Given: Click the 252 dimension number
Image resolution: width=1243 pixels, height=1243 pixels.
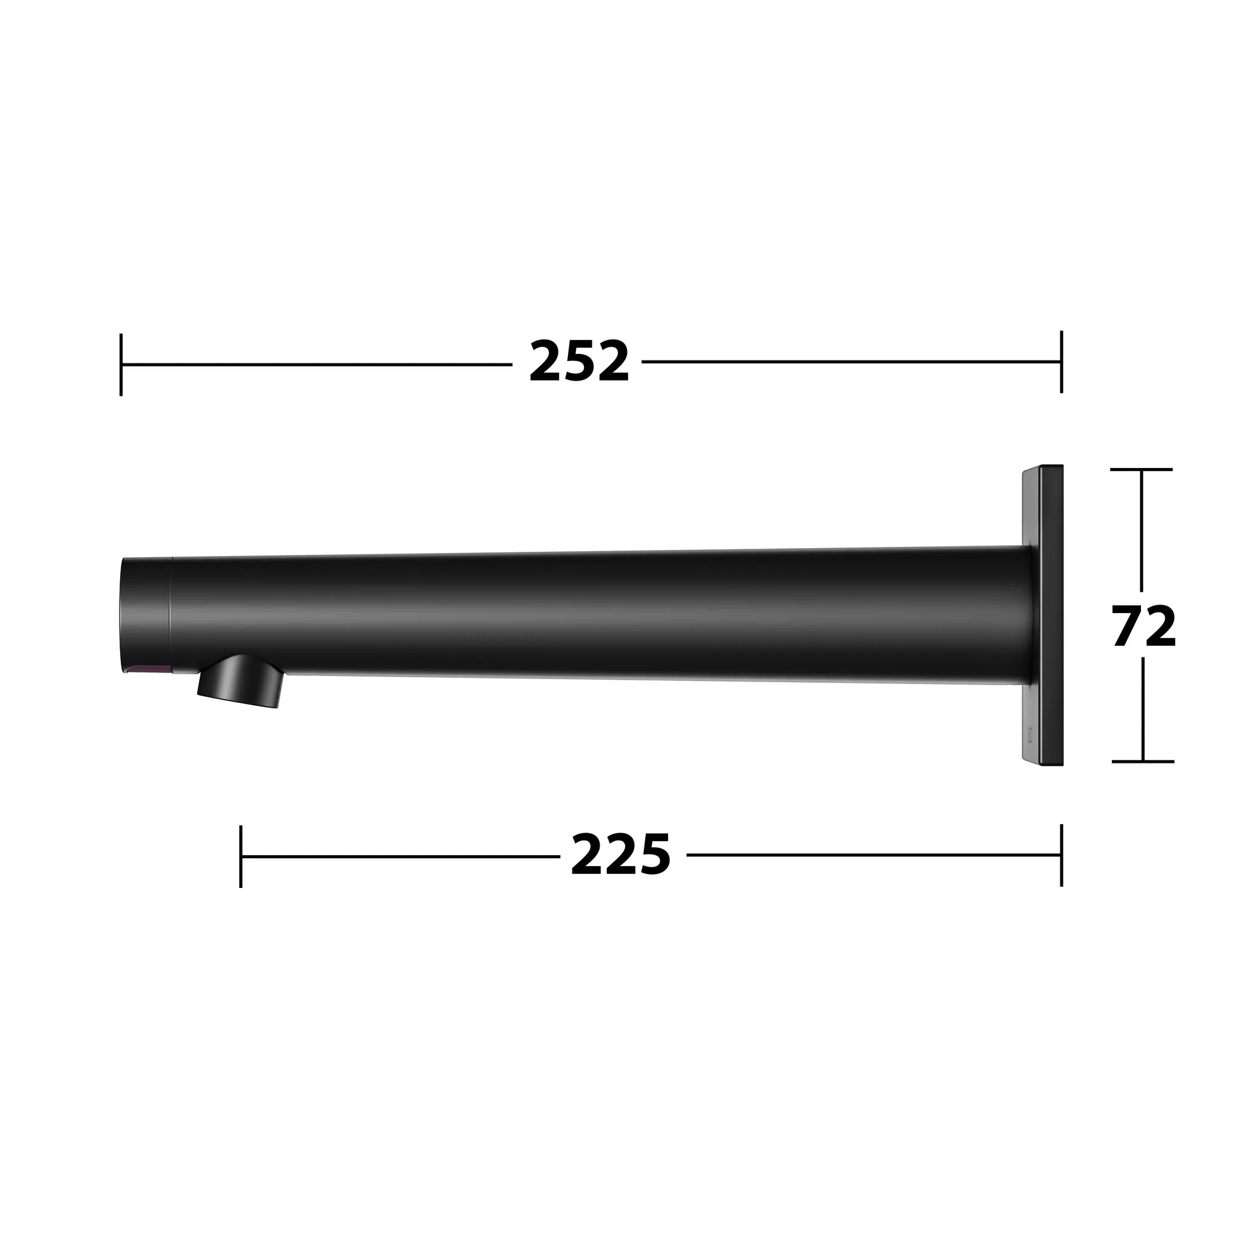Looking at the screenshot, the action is [x=578, y=362].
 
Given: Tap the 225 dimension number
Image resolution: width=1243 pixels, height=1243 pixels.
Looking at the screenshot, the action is [x=621, y=855].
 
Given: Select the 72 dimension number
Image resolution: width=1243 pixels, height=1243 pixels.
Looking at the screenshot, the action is [x=1144, y=626].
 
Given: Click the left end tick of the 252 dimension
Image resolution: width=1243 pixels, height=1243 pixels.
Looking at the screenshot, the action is [x=121, y=364].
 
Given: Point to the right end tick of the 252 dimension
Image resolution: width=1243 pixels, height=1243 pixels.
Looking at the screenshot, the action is [x=1062, y=362].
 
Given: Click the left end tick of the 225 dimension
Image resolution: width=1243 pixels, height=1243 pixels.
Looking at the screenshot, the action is [x=240, y=856].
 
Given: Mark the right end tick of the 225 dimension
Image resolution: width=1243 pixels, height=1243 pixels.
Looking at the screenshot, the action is [x=1062, y=855].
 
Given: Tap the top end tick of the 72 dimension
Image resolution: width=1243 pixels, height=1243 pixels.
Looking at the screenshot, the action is [x=1142, y=470].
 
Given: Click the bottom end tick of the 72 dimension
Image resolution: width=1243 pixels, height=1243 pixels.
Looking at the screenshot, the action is [x=1143, y=761].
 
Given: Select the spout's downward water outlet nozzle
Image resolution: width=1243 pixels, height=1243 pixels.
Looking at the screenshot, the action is [x=240, y=682].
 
